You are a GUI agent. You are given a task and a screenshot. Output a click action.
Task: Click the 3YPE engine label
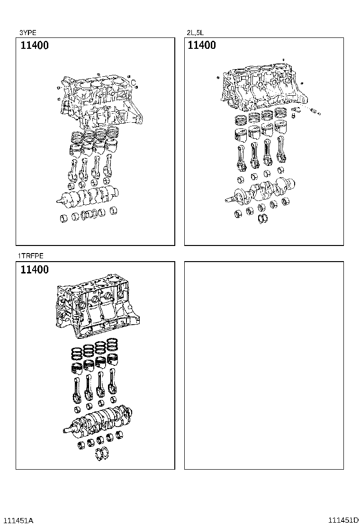(x=27, y=33)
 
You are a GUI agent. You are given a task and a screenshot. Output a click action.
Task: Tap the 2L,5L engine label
(x=195, y=33)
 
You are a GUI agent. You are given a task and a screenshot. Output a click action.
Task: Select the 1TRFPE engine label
(x=31, y=256)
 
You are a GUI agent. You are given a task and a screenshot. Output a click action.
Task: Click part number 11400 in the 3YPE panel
(x=35, y=45)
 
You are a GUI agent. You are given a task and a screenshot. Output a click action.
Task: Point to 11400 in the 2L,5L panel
(x=202, y=45)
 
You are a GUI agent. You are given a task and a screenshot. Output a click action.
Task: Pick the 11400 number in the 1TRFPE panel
(x=35, y=270)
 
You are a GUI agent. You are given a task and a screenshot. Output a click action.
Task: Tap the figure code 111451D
(x=343, y=520)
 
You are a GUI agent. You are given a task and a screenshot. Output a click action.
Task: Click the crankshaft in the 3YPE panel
(x=88, y=195)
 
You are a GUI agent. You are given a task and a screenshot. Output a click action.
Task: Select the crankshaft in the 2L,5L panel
(x=261, y=191)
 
